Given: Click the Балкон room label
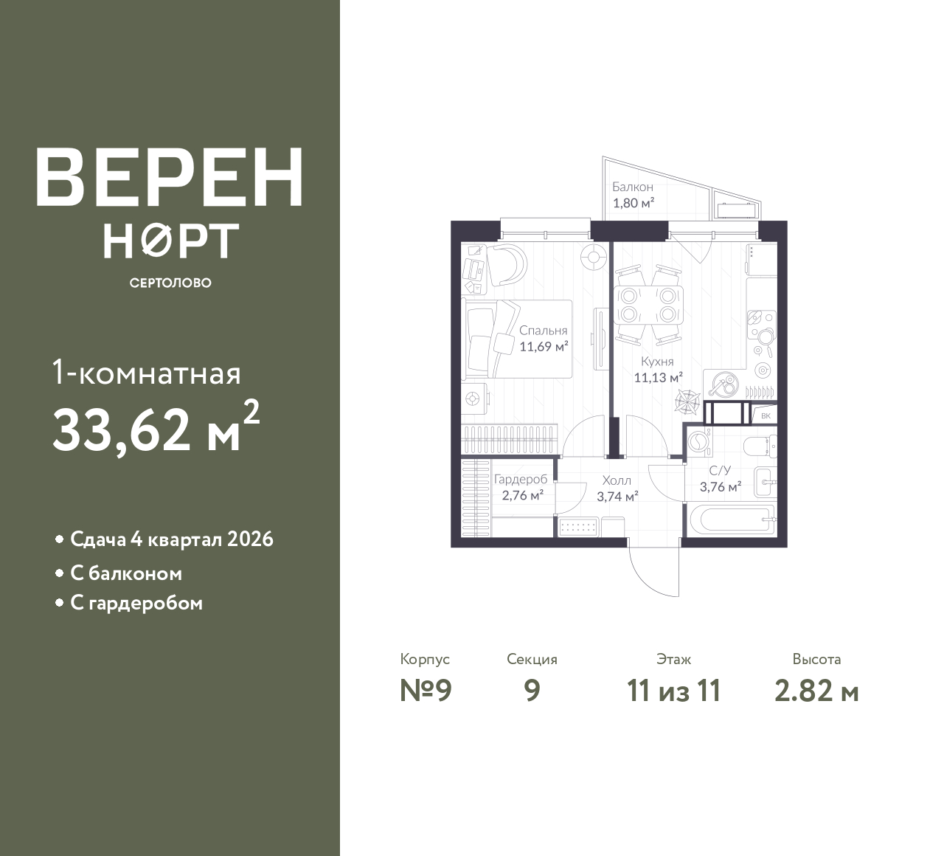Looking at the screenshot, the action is (633, 187).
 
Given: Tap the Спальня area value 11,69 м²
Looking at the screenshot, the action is (544, 347).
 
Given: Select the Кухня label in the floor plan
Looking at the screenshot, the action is (657, 361).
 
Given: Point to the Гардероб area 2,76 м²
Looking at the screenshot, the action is (523, 495).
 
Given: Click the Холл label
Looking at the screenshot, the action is (617, 480).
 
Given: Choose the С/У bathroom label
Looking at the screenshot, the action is (720, 470).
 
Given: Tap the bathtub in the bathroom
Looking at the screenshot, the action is (732, 521).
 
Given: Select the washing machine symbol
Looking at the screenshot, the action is (700, 442).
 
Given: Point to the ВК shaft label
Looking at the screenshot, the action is (766, 415).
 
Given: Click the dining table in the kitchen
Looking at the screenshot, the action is (648, 305).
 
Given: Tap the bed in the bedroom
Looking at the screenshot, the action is (517, 339).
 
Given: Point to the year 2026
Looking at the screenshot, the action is (250, 539).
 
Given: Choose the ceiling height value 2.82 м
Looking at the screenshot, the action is (816, 691).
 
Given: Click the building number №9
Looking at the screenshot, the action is (426, 691).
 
